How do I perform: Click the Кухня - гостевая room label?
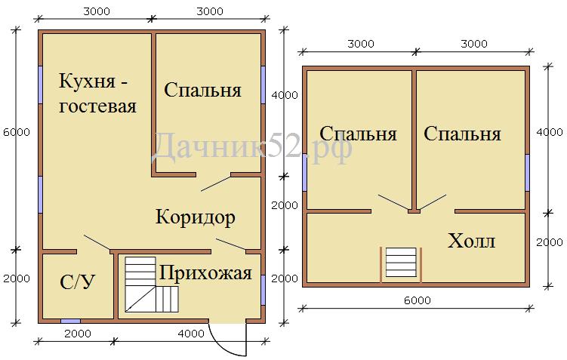coord(97,94)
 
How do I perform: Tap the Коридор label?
coord(196,217)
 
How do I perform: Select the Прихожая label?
coord(205,273)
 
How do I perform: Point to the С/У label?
coord(77,282)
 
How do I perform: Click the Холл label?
coord(471,241)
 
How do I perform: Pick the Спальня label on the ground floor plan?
coord(202,90)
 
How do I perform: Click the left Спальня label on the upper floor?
coord(358,134)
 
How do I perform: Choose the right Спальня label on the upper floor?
coord(462,134)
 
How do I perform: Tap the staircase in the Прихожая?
coord(152,285)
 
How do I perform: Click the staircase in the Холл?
coord(401,262)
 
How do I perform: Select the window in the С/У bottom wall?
coord(70,321)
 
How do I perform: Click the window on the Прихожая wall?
coord(263,290)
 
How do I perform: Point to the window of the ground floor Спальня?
coord(263,85)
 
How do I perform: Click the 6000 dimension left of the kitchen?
coord(17,132)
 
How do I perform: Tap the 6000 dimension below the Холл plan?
coord(418,300)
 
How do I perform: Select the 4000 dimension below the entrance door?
coord(191,334)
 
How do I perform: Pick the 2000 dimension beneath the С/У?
coord(78,334)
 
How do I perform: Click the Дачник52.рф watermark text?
coord(251,146)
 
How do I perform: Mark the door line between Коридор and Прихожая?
coord(231,245)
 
